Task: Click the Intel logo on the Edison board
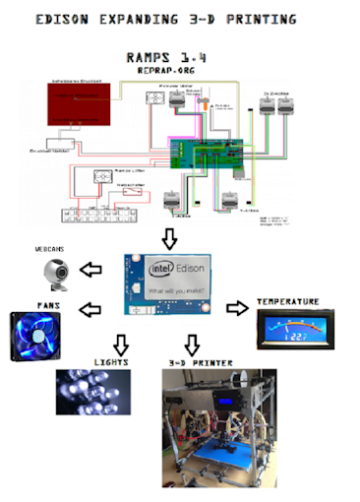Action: tap(161, 269)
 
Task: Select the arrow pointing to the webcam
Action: tap(91, 269)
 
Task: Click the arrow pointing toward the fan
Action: tap(90, 310)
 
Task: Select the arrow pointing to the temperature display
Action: tap(237, 308)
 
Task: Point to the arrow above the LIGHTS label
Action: tap(120, 344)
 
